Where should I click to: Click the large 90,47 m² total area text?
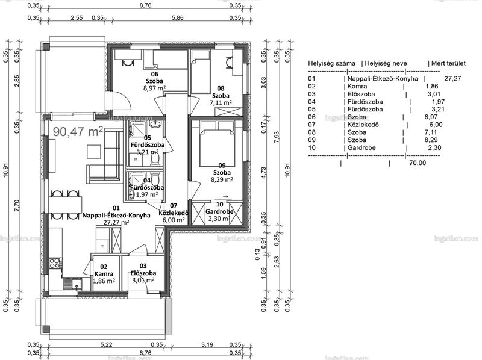[78, 131]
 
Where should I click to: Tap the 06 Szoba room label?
[155, 78]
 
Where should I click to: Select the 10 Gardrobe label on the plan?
[219, 208]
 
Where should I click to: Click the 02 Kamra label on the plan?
[104, 270]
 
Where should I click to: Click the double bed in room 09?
[218, 144]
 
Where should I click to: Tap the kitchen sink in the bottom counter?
[72, 283]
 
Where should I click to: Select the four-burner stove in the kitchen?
[55, 263]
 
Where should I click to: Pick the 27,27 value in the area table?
[452, 79]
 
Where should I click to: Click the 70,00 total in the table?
[418, 163]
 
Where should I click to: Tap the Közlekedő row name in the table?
[363, 125]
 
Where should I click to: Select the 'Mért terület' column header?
[448, 63]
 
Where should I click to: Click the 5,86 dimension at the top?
[178, 18]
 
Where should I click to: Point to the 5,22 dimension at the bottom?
[107, 344]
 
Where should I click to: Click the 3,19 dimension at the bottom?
[207, 344]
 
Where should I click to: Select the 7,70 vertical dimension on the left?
[17, 205]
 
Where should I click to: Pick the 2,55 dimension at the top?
[77, 18]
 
